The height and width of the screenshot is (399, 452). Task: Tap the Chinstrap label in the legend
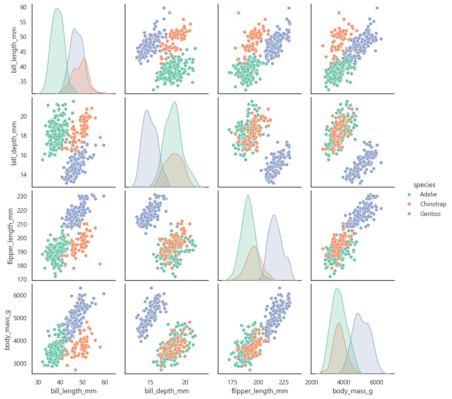pyautogui.click(x=433, y=204)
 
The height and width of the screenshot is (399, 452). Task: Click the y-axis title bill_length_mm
pyautogui.click(x=14, y=49)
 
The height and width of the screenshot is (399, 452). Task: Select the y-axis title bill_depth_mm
pyautogui.click(x=14, y=142)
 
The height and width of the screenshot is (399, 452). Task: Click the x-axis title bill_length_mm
pyautogui.click(x=74, y=391)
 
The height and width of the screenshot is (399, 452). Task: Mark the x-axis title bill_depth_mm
pyautogui.click(x=167, y=391)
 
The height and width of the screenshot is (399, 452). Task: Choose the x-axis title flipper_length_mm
pyautogui.click(x=260, y=391)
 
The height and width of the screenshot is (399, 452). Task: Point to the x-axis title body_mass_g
pyautogui.click(x=353, y=391)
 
